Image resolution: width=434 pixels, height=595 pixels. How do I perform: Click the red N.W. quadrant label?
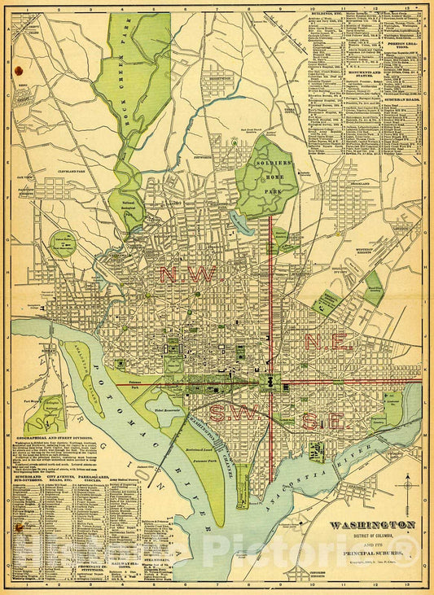pyautogui.click(x=190, y=275)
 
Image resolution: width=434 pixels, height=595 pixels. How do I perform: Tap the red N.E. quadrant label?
pyautogui.click(x=328, y=342)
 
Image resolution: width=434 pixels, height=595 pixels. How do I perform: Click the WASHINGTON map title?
pyautogui.click(x=371, y=525)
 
